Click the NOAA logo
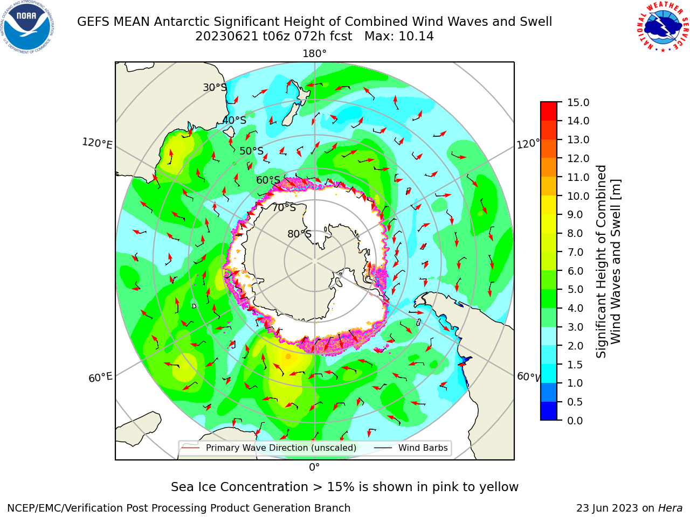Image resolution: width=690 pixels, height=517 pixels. (x=27, y=27)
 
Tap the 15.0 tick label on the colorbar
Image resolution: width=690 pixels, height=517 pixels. (x=578, y=102)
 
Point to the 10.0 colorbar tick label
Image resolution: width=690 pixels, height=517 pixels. (x=578, y=196)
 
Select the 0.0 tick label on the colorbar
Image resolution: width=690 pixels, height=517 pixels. (x=575, y=421)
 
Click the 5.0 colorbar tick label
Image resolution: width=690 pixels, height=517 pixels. (x=575, y=289)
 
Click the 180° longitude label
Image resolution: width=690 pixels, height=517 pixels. (x=314, y=54)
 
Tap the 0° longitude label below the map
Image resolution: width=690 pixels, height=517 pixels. (x=314, y=467)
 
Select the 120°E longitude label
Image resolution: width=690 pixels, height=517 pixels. (x=97, y=143)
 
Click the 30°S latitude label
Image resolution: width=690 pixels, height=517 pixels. (x=215, y=87)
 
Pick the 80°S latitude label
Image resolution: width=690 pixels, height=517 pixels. (x=299, y=234)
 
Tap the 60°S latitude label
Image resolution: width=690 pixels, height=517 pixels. (x=268, y=180)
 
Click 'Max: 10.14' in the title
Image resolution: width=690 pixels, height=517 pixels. (x=399, y=37)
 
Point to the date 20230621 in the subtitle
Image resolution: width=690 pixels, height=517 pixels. (x=226, y=37)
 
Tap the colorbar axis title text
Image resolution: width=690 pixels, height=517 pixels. (x=609, y=261)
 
